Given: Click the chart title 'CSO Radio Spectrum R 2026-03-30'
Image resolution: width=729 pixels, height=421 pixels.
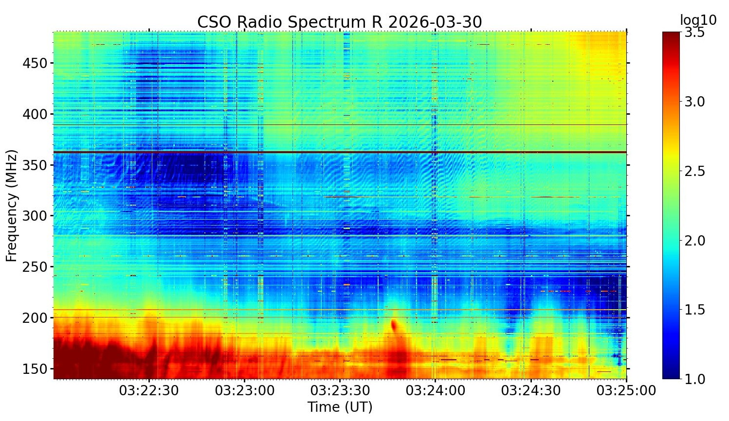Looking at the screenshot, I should [339, 22].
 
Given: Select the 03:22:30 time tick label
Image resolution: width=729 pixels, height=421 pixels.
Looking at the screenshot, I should [149, 390].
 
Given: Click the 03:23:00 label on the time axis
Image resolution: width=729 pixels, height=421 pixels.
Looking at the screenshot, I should [244, 390].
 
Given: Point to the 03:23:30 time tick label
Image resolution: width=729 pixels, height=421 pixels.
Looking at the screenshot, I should [340, 390].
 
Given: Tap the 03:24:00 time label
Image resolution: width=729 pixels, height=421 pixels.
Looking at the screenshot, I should [435, 390].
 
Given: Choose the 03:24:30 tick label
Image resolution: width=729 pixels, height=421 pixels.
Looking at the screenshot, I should [530, 390].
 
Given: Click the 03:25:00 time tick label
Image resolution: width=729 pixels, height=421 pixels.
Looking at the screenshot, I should [626, 390].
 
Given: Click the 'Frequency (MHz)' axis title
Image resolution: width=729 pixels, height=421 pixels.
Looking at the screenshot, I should [12, 206].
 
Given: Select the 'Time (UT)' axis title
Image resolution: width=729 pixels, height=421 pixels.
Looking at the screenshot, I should [340, 406].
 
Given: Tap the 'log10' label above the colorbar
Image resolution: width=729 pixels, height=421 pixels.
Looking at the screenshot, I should [698, 20].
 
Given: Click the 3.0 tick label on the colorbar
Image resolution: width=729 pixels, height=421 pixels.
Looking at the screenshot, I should [694, 102].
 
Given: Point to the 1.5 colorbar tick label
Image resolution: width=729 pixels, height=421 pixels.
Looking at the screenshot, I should [694, 310].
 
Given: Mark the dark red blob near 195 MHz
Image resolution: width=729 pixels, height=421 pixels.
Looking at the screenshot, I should [394, 324].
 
